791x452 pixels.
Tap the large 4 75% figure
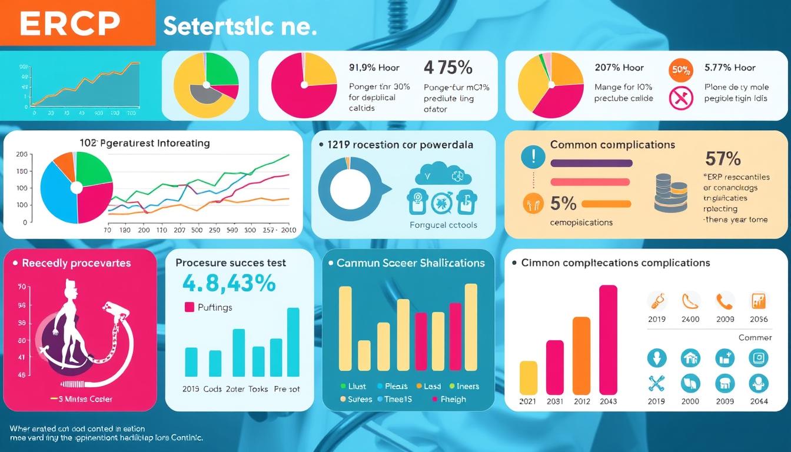click(x=448, y=68)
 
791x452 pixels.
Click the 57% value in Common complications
click(x=723, y=158)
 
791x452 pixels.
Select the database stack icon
click(x=670, y=192)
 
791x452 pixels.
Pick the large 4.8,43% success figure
click(x=229, y=284)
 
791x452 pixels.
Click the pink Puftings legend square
click(x=190, y=307)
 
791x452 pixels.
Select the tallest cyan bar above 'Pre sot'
click(x=293, y=342)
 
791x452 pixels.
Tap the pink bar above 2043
click(x=608, y=340)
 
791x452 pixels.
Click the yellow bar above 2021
click(x=529, y=377)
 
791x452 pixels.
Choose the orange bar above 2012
click(x=581, y=355)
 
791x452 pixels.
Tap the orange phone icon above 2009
click(x=724, y=301)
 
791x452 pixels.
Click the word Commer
click(x=755, y=337)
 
